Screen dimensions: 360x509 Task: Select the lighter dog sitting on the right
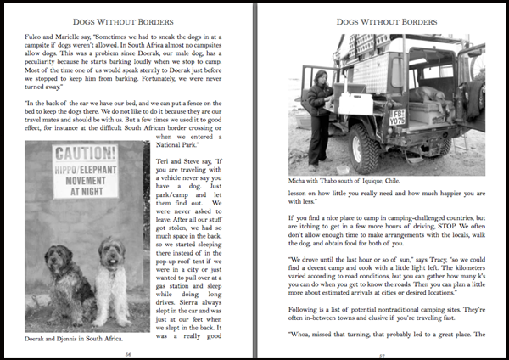[110, 272]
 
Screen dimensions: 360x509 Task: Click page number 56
[127, 353]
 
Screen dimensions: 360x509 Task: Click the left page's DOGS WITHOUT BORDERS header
[127, 18]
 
